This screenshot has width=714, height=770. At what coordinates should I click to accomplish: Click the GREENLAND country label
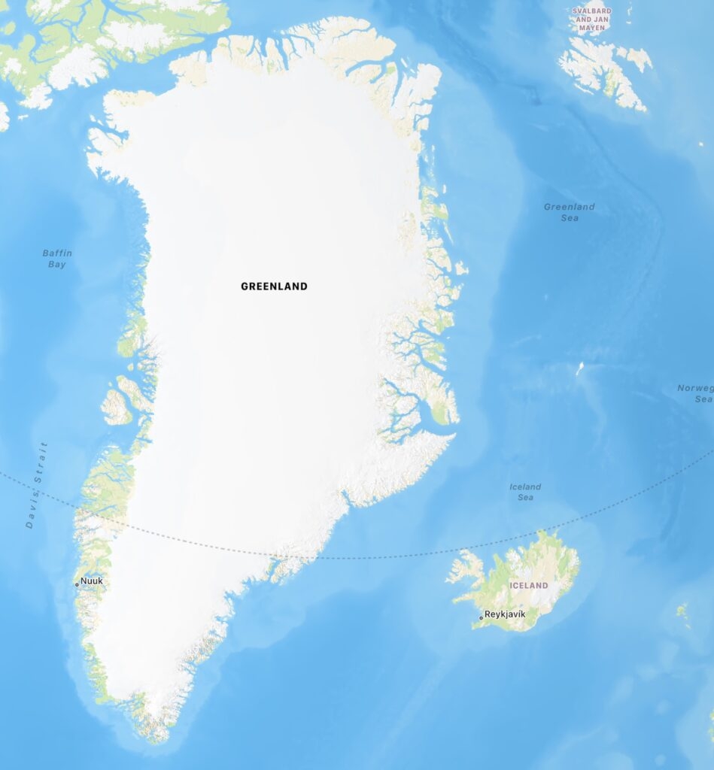274,286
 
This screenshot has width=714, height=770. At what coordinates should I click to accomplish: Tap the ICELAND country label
529,585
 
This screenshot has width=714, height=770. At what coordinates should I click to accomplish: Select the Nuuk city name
92,581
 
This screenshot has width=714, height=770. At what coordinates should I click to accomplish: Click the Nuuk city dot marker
77,584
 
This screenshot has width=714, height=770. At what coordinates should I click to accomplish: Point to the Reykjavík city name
505,614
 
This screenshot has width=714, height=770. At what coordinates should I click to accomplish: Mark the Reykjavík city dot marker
482,618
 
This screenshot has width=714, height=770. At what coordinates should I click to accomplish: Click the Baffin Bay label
57,259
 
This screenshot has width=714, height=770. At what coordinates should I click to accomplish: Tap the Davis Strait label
36,485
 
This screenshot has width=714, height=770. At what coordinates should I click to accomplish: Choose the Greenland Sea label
570,212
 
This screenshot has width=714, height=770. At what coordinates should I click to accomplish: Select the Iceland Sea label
525,492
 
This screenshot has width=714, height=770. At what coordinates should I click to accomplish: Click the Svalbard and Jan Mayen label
592,20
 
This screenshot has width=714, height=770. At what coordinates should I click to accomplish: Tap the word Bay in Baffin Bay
57,265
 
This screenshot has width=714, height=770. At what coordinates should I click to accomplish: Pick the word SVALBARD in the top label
592,11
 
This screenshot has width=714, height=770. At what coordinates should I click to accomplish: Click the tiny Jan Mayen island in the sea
579,368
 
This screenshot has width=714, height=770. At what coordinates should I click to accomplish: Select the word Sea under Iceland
525,498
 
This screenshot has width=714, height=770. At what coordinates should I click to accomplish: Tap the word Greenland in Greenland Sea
570,207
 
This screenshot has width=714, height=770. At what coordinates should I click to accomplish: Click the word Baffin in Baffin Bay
57,253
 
